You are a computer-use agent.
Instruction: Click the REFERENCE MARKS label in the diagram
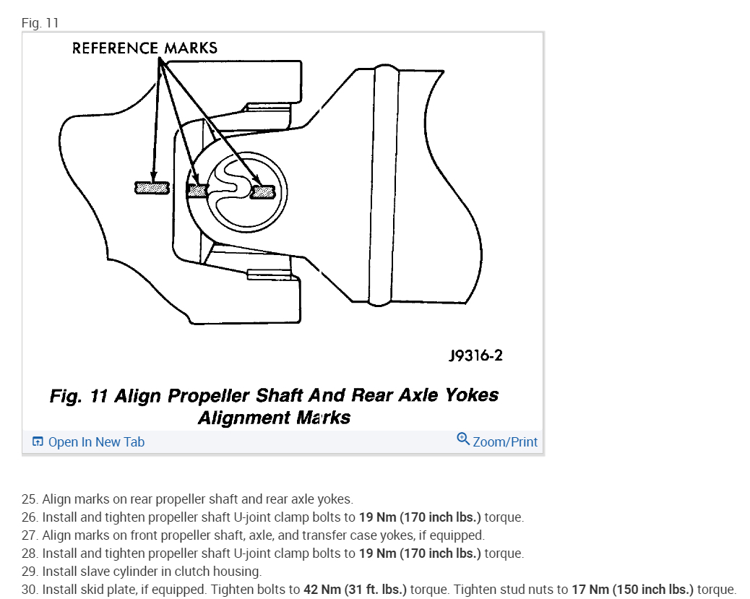145,48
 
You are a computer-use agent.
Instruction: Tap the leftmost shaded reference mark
152,189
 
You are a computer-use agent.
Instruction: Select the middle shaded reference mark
197,191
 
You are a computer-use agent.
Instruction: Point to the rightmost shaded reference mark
262,191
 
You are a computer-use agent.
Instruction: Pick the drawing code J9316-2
475,355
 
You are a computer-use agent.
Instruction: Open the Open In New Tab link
96,441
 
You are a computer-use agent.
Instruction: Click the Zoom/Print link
505,441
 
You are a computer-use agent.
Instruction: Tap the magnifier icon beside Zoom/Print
463,439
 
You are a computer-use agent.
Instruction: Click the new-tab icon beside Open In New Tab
38,441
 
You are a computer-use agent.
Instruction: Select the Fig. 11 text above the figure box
40,23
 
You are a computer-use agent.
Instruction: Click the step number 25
29,499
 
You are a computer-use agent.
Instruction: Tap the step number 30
29,589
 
